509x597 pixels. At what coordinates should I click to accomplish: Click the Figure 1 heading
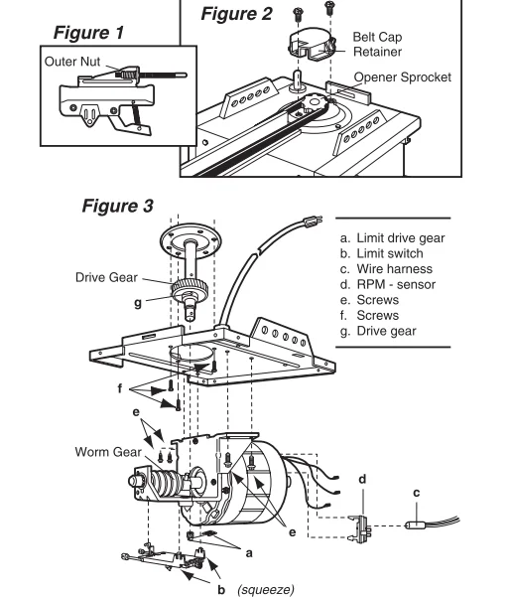[88, 33]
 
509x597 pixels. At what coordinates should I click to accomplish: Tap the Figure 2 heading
[236, 14]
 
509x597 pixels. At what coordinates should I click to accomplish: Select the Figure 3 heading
[117, 206]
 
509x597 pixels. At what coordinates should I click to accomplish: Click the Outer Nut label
[72, 62]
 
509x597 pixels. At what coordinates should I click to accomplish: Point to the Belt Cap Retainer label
[377, 44]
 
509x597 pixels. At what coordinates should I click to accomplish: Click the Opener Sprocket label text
[403, 77]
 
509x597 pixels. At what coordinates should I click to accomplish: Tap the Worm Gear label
[108, 452]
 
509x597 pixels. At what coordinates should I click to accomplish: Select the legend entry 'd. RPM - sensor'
[388, 284]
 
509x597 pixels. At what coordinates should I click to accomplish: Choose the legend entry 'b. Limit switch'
[382, 253]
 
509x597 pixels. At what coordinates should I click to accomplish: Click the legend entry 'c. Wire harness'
[386, 269]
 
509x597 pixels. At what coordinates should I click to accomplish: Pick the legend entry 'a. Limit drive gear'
[393, 238]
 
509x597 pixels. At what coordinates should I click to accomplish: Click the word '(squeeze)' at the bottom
[266, 589]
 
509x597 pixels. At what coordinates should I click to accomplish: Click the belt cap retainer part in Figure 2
[312, 44]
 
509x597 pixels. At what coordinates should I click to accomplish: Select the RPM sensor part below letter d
[361, 528]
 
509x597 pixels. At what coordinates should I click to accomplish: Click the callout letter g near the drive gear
[138, 303]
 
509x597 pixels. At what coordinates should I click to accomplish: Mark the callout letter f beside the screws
[120, 388]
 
